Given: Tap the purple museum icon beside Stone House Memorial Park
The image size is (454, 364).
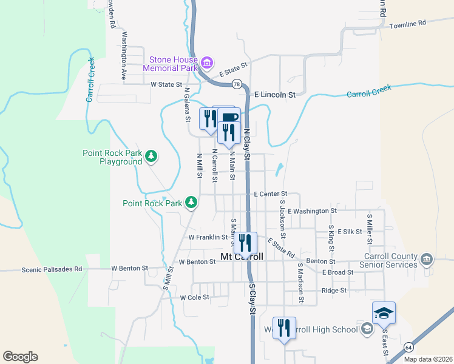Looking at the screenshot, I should pos(207,62).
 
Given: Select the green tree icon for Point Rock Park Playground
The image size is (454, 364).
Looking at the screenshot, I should pos(151,157).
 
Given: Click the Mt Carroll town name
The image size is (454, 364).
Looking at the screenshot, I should pos(242,257).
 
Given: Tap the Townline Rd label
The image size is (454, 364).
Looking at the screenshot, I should pos(408,24).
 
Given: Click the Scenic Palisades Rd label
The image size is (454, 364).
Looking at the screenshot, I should pos(52,269).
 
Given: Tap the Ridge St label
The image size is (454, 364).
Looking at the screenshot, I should pos(334,291).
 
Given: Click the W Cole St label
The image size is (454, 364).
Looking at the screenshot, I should pos(194,297).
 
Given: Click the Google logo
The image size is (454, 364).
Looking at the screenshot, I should pos(20,357).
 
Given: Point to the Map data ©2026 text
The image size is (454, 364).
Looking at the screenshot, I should pos(428,359).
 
